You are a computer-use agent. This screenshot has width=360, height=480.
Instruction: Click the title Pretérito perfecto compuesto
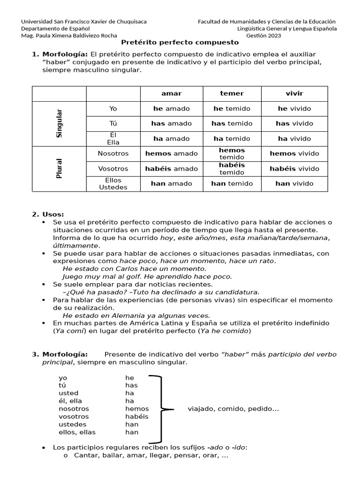point(180,42)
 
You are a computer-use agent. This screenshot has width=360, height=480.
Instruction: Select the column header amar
point(171,93)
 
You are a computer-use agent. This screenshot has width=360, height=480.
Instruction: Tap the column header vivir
point(294,93)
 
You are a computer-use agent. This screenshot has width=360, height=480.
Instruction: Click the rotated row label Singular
point(59,123)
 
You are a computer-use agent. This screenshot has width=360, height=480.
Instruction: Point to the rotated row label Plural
point(59,169)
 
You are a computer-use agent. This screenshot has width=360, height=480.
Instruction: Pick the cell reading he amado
point(171,108)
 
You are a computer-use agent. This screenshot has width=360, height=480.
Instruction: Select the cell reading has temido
point(232,123)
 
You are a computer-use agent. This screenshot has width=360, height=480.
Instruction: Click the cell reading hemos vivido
point(294,153)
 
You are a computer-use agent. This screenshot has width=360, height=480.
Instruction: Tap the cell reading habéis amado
point(171,168)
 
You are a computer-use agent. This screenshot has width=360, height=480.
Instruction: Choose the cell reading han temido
point(232,183)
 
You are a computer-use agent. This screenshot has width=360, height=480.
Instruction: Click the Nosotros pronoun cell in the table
point(113,153)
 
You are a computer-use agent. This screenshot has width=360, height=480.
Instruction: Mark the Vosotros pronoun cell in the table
point(113,168)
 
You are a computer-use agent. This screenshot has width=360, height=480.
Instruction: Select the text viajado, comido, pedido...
point(233,409)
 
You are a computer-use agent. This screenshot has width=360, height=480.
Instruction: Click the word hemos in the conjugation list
point(137,409)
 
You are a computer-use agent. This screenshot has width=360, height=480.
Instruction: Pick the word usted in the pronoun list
point(68,393)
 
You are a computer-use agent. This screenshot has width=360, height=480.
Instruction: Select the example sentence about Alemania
point(136,315)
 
